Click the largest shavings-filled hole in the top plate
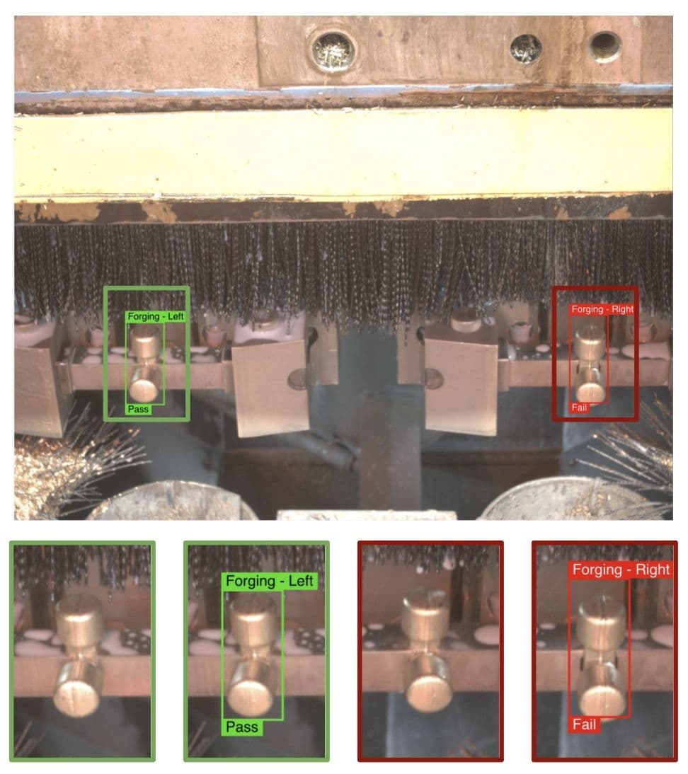[332, 51]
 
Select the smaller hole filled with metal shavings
[526, 49]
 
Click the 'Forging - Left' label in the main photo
[156, 317]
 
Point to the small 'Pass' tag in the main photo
[139, 409]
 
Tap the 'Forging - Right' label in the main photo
[602, 309]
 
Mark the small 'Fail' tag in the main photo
[579, 408]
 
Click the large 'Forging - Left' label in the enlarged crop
[270, 581]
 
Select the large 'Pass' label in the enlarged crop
[242, 727]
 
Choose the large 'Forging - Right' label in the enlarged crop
[621, 570]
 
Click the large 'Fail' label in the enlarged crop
[585, 724]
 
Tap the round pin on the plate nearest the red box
[433, 379]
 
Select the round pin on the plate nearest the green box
[298, 381]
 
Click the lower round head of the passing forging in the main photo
[144, 389]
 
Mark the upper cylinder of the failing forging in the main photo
[590, 341]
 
